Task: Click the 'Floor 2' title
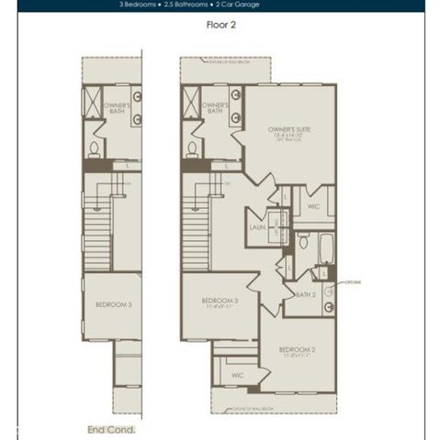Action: coord(221,26)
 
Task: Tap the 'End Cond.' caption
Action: coord(111,428)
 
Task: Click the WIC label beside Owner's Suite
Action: coord(312,207)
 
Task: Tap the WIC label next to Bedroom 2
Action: coord(236,374)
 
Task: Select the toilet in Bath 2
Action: coord(302,241)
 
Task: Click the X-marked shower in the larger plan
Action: coord(191,102)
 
